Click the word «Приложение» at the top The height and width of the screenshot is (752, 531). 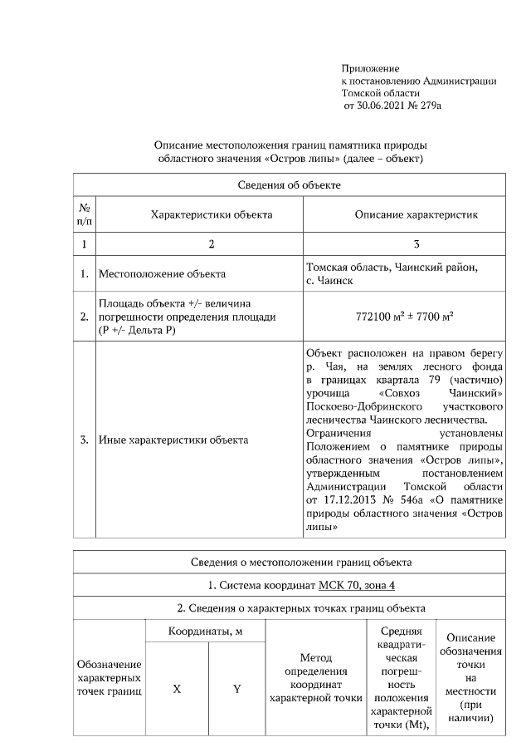point(370,67)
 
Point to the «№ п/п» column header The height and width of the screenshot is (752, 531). point(85,214)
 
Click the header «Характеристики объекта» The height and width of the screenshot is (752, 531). point(211,214)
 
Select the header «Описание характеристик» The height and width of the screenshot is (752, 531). point(416,214)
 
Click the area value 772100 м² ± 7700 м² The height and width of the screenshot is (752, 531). point(403,317)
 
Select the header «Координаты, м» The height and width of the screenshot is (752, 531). point(205,632)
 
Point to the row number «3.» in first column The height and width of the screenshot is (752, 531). point(85,440)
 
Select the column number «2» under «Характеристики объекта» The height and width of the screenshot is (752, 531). point(211,244)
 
